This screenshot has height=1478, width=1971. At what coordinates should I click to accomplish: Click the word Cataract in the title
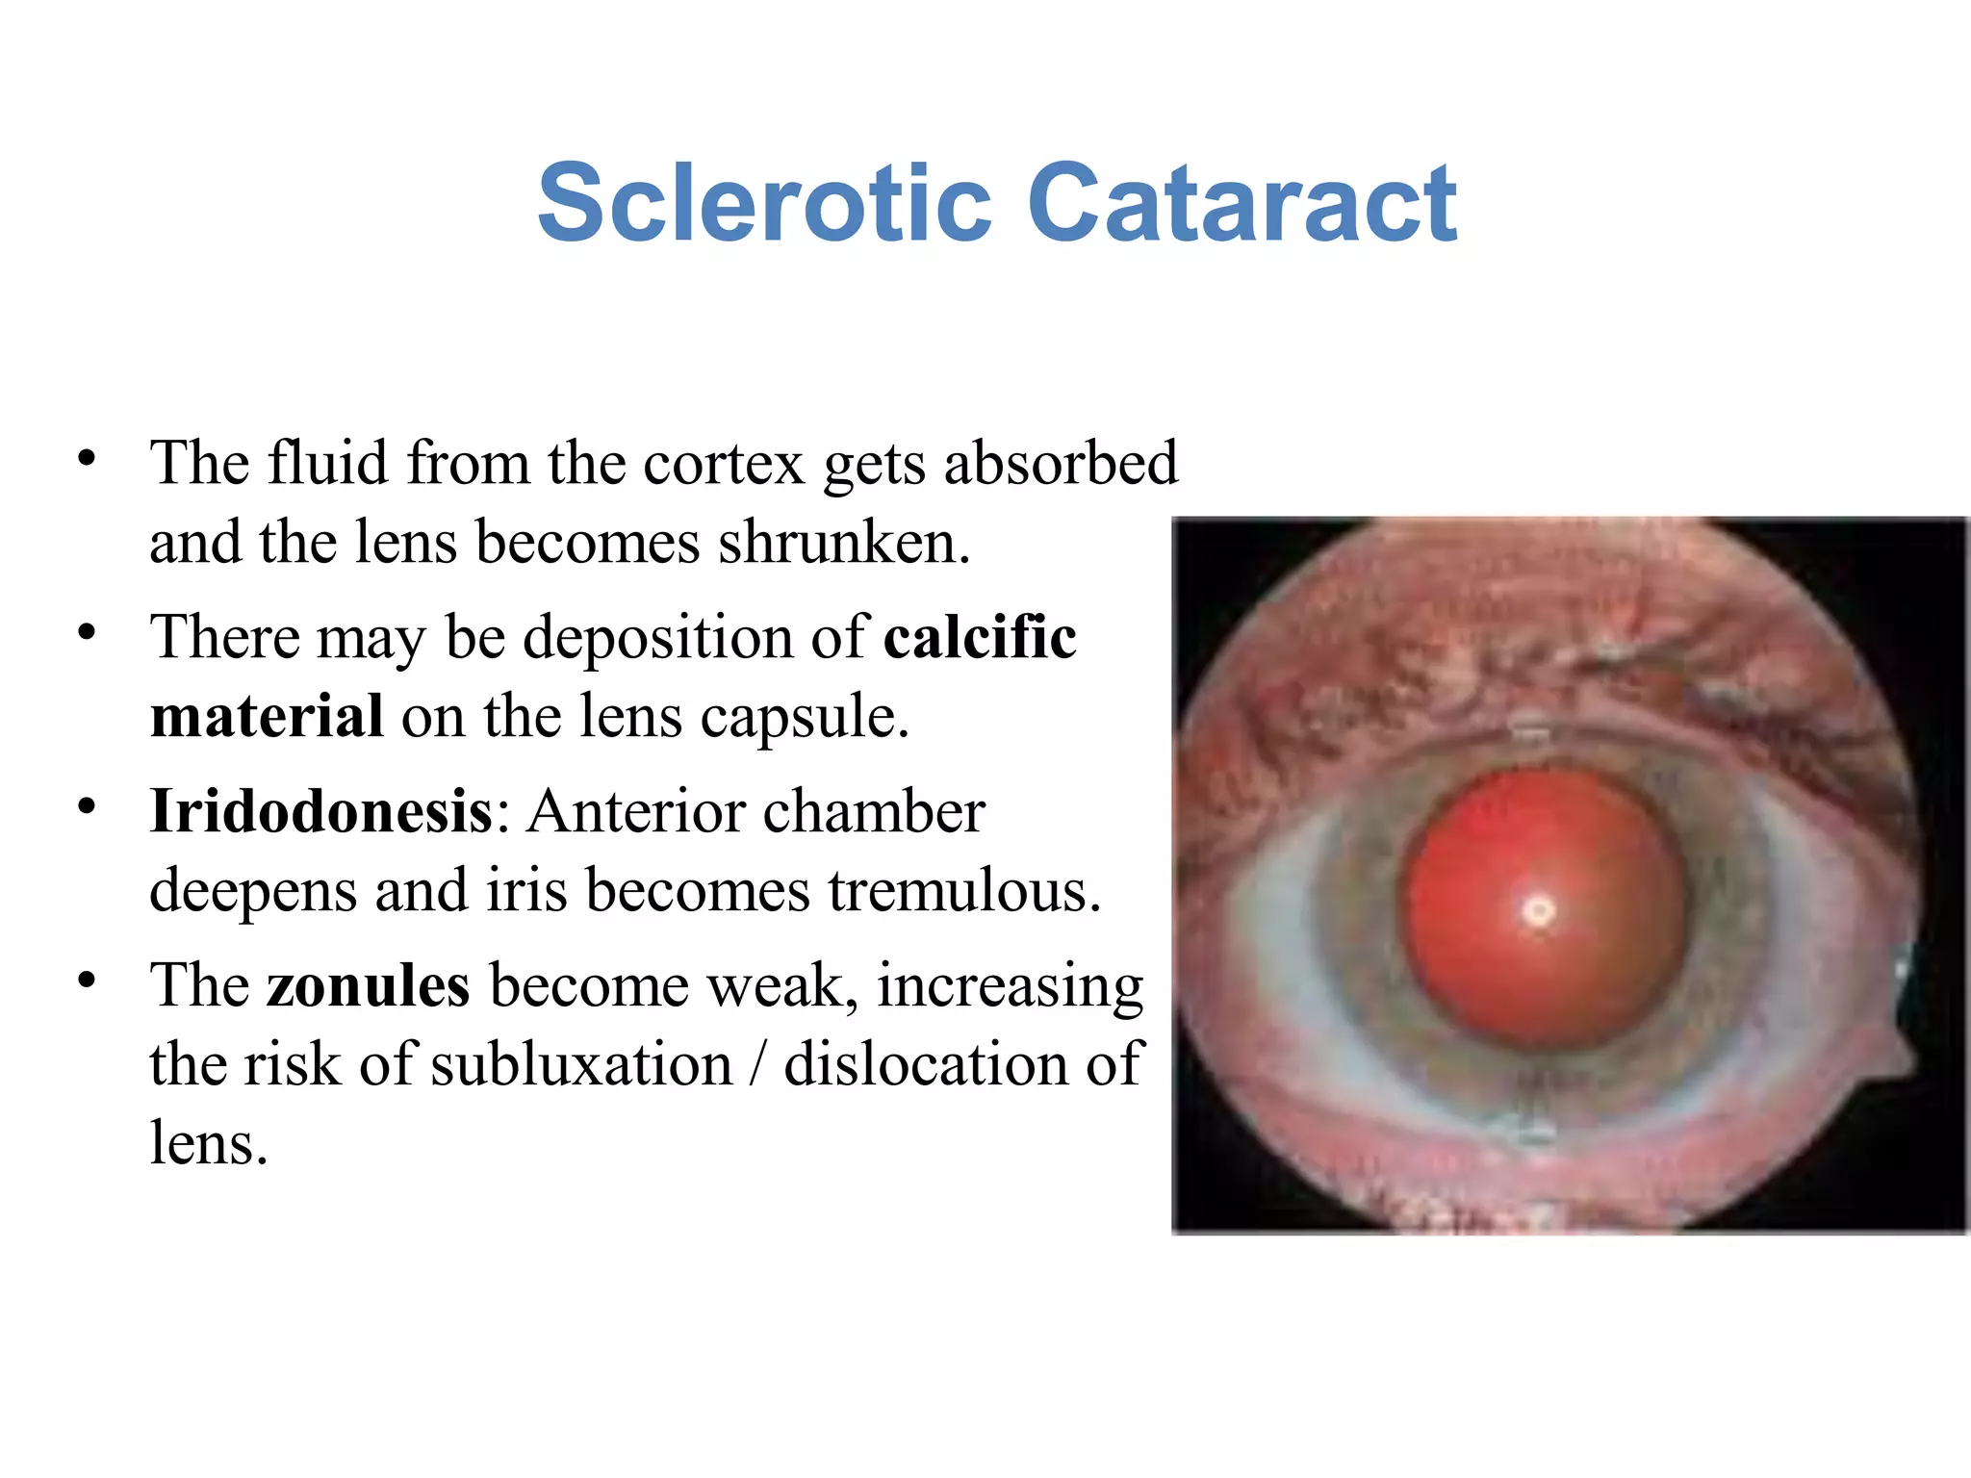point(1242,204)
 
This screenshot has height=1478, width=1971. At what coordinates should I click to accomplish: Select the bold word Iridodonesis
point(321,811)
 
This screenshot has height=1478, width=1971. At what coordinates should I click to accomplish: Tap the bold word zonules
point(369,986)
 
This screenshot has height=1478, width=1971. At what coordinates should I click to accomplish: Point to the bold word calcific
point(980,638)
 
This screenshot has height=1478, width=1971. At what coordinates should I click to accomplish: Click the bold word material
point(267,717)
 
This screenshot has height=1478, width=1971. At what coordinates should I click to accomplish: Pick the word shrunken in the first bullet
point(843,543)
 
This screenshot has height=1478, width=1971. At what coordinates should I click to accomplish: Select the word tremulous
point(964,890)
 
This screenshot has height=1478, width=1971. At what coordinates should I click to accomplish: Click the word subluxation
point(581,1064)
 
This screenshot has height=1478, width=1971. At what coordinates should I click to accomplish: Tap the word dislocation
point(926,1064)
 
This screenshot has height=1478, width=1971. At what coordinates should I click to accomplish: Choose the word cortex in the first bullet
point(724,464)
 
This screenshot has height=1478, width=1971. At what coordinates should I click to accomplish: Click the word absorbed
point(1061,464)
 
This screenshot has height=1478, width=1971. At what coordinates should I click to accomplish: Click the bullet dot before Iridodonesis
point(88,806)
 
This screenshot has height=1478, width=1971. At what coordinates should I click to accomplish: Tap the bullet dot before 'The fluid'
point(88,458)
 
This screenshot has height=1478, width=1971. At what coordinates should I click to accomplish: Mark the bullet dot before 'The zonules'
point(88,981)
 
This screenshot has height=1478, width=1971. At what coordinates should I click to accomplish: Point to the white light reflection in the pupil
point(1539,910)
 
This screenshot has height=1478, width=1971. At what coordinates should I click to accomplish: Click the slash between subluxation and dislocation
point(758,1064)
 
